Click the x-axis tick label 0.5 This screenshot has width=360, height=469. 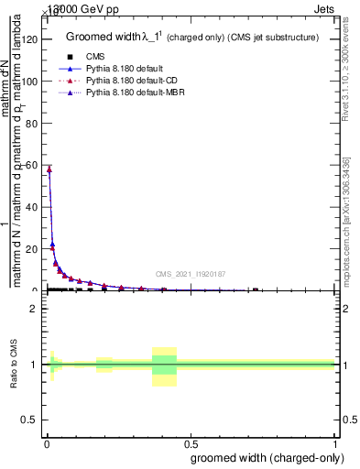[190, 444]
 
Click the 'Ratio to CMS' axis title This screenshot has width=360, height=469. [16, 364]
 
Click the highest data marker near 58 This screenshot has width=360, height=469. [49, 169]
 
